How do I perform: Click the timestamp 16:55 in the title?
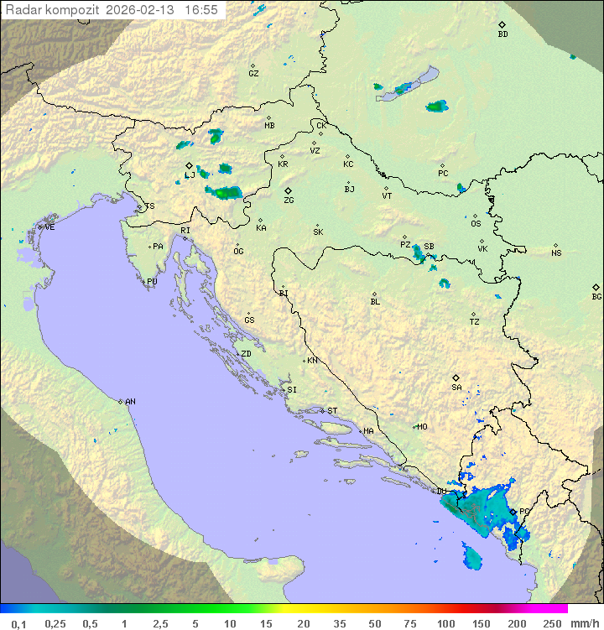(200, 10)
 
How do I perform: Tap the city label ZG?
(289, 200)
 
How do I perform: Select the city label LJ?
(190, 175)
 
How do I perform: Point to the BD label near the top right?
(502, 34)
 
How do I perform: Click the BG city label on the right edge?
(596, 296)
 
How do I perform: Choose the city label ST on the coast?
(332, 411)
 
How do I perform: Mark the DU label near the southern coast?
(442, 492)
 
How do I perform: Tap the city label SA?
(456, 387)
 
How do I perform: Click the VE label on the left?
(49, 227)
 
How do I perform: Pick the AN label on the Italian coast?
(130, 402)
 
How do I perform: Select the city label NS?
(556, 253)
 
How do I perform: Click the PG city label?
(524, 511)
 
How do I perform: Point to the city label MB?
(269, 126)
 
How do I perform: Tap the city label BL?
(375, 301)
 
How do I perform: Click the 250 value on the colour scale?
(552, 623)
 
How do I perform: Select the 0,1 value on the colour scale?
(18, 623)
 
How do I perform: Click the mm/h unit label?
(584, 623)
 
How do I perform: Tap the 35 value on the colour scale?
(339, 623)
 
